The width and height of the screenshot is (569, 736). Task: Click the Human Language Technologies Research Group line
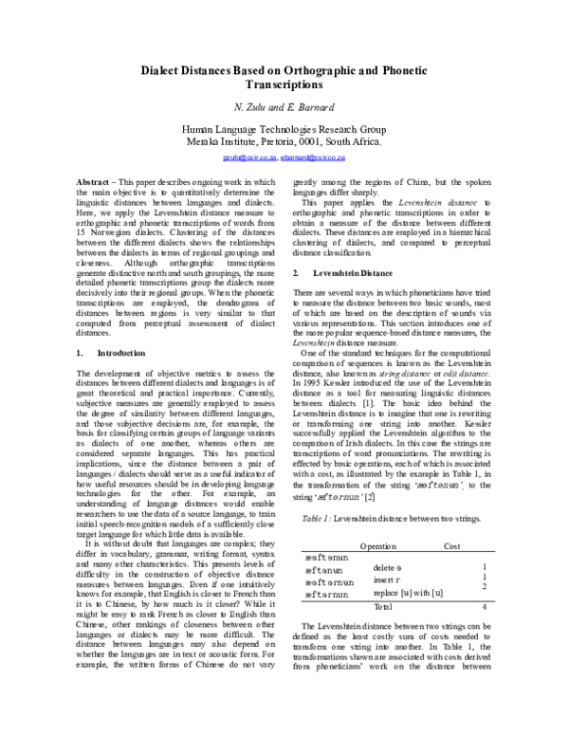[x=284, y=128]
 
